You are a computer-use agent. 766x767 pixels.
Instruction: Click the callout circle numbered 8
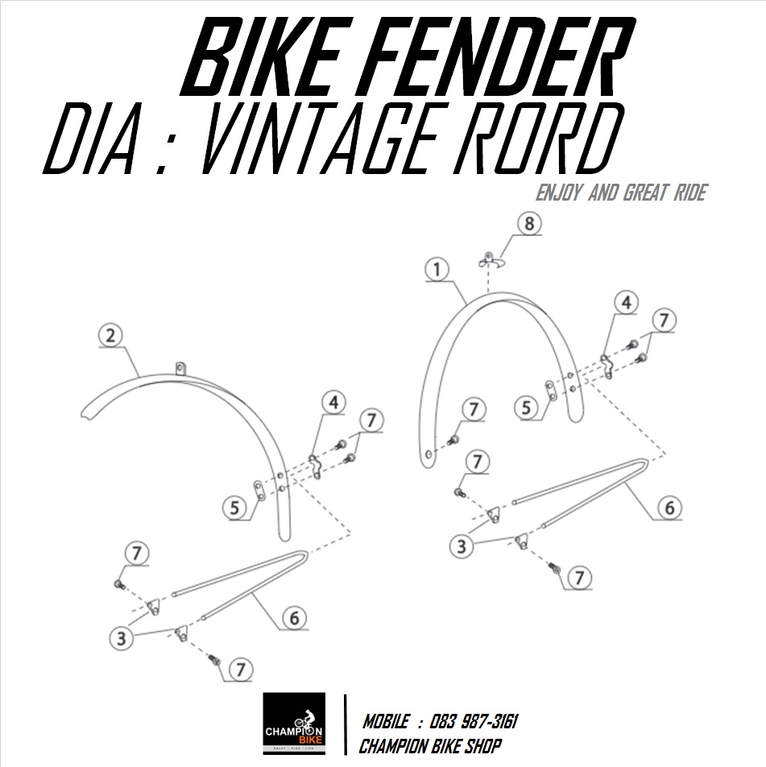528,224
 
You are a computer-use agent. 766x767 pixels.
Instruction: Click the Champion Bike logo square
294,723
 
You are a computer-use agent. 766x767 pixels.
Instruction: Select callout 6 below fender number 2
295,618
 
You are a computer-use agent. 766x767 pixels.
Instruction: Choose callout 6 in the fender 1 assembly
669,508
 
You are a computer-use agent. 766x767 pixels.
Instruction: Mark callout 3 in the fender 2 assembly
122,639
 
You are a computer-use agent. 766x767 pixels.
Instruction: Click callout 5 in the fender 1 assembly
528,408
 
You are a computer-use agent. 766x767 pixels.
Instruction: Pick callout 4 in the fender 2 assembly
334,401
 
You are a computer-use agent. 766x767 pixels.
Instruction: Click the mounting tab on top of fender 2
180,368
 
